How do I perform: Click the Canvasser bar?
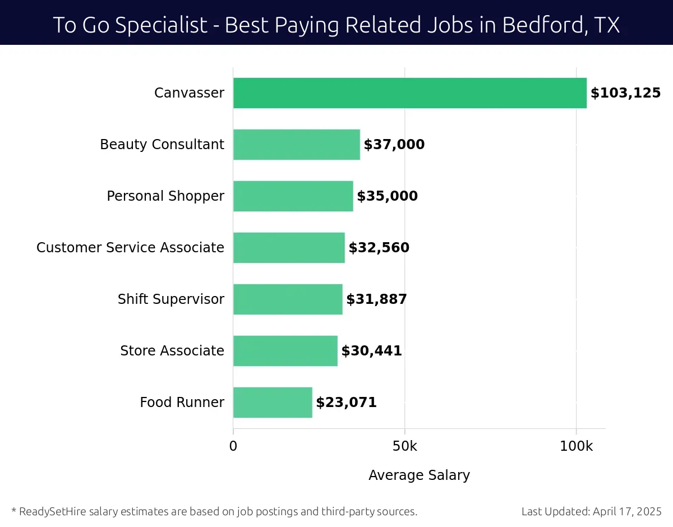pos(409,93)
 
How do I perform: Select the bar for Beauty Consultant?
pos(296,145)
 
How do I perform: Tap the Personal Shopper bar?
pos(293,196)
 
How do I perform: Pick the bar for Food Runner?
pos(273,403)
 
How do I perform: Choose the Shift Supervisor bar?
pos(288,299)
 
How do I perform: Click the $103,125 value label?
pos(625,93)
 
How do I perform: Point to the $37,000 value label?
pos(394,145)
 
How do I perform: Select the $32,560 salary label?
pos(379,248)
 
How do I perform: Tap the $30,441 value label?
pos(371,351)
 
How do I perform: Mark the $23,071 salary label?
pos(346,403)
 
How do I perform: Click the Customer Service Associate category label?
pos(130,248)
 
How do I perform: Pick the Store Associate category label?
pos(172,351)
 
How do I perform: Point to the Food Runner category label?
pos(182,403)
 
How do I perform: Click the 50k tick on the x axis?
pos(404,446)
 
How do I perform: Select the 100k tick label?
pos(576,446)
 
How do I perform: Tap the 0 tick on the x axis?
pos(233,446)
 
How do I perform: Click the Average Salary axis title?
pos(419,475)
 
